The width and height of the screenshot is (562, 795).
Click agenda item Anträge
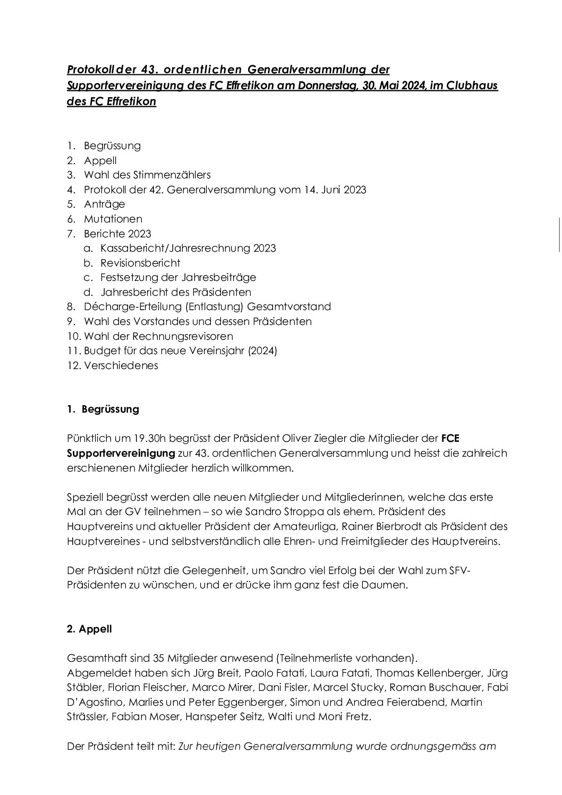coord(104,204)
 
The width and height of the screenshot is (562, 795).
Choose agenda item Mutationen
coord(113,219)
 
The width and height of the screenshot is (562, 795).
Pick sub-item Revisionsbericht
coord(140,263)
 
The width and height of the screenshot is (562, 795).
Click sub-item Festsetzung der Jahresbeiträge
coord(178,277)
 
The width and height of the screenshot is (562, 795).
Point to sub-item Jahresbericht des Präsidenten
coord(176,292)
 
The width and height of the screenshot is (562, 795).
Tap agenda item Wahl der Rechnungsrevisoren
coord(158,336)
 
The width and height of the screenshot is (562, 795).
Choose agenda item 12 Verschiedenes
coord(121,365)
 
